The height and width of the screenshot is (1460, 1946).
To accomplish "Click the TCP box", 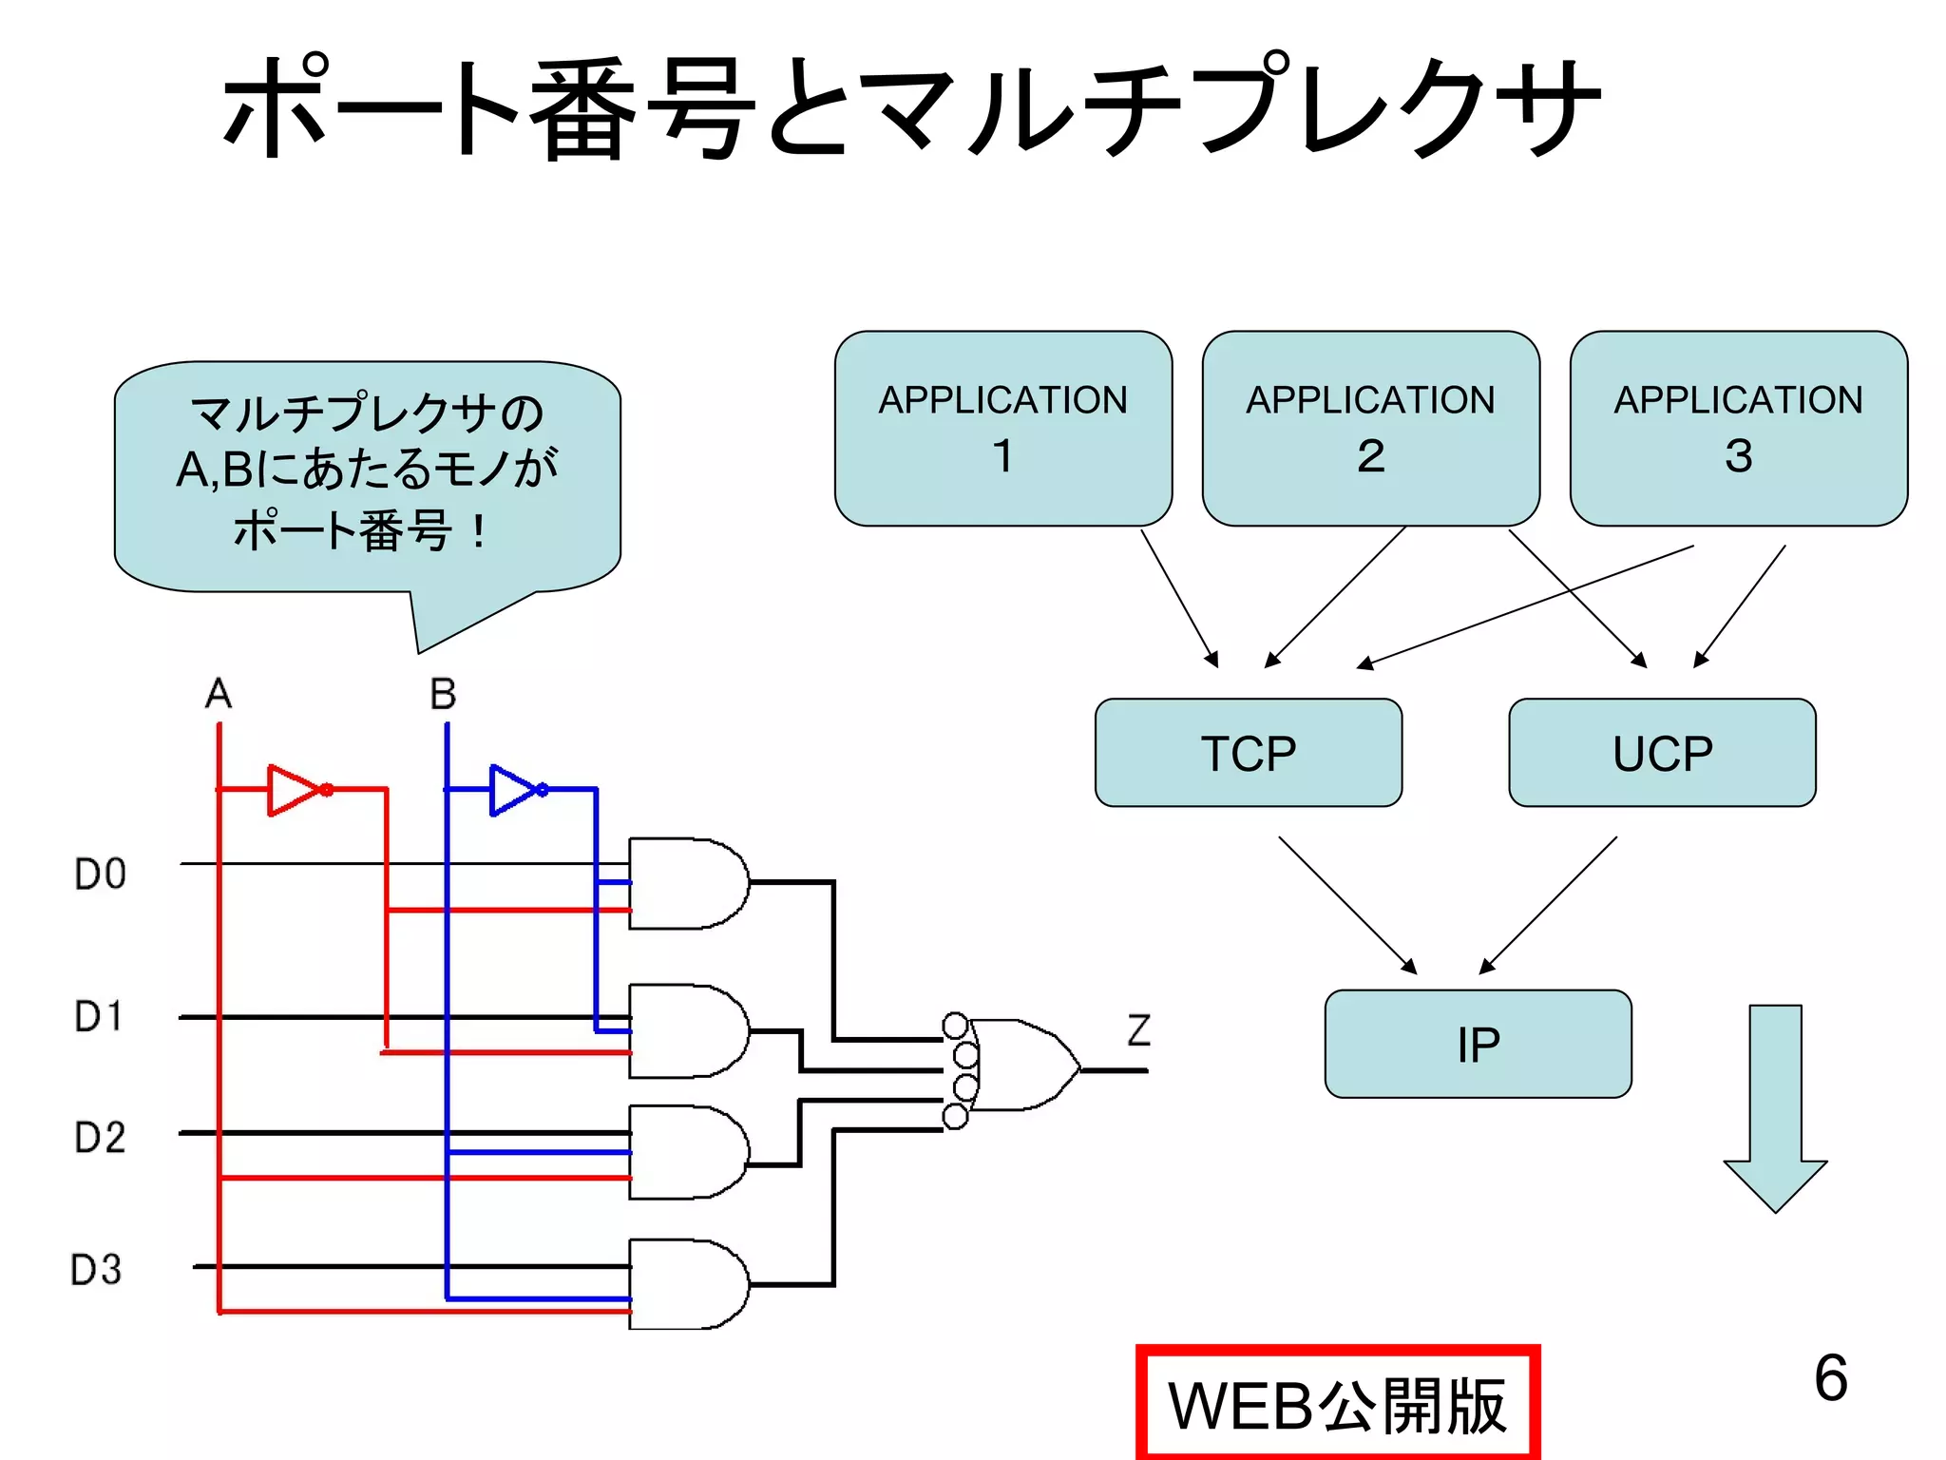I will (x=1248, y=753).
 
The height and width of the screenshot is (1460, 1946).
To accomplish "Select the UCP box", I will (x=1662, y=753).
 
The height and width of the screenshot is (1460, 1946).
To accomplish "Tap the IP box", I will (x=1478, y=1044).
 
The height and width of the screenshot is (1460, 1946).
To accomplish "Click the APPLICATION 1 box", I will (x=1002, y=428).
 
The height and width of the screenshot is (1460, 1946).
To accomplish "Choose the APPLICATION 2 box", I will (x=1370, y=428).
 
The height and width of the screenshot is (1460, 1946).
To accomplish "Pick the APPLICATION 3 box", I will (x=1738, y=428).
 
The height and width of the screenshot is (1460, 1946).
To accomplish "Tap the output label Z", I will (x=1138, y=1030).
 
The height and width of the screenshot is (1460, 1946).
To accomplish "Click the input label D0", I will (x=100, y=874).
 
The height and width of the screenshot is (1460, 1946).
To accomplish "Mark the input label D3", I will (x=96, y=1270).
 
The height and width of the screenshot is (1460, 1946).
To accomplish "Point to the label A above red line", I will (x=219, y=694).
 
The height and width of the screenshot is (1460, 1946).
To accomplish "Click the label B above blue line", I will (x=443, y=694).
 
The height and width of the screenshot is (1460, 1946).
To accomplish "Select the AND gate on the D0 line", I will (x=686, y=883).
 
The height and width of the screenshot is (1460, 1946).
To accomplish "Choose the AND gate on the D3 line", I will (x=686, y=1284).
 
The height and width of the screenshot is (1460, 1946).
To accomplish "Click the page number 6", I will (x=1830, y=1377).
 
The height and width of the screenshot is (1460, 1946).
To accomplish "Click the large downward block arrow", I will (x=1775, y=1107).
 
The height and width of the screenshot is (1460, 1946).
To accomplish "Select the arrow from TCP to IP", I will (x=1346, y=904).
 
